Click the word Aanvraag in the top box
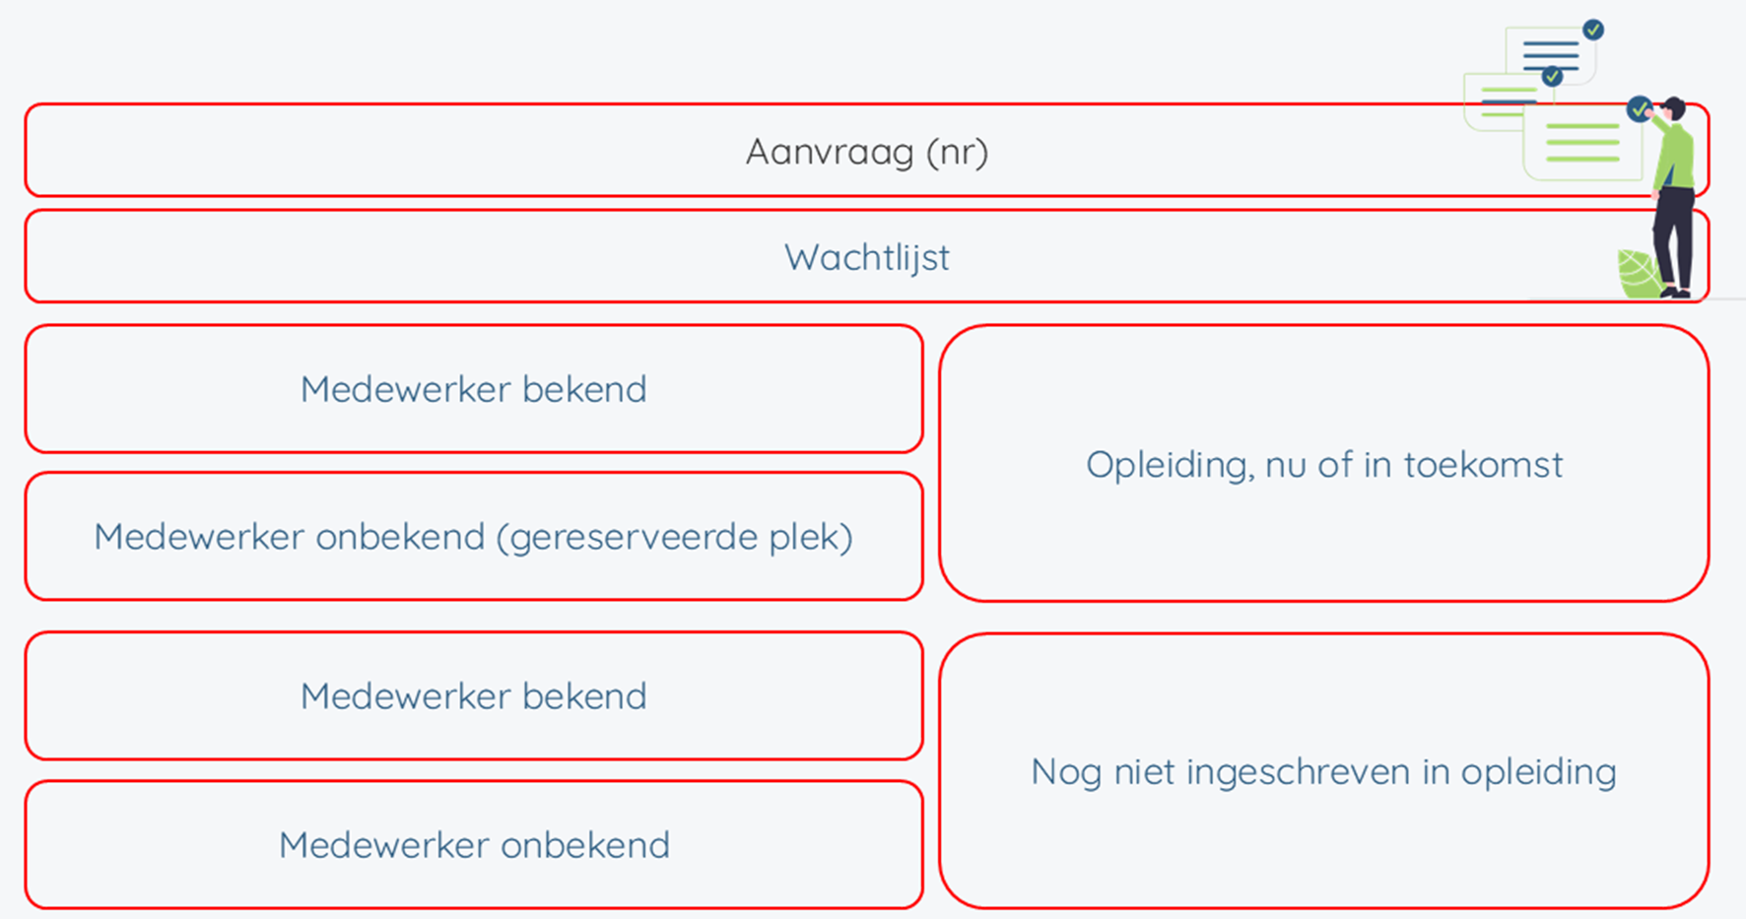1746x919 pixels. click(830, 153)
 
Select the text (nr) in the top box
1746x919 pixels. click(957, 153)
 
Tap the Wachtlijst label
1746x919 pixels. click(867, 258)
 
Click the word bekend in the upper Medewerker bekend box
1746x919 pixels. click(584, 389)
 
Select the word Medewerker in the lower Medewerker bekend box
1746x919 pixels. click(406, 696)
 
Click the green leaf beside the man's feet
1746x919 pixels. click(1638, 274)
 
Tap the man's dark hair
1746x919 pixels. click(1674, 106)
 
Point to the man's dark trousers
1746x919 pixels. click(1674, 236)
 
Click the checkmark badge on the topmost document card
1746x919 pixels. click(1593, 30)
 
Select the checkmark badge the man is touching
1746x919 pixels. click(1640, 108)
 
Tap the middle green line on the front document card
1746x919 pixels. click(1582, 143)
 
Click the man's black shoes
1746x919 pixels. click(1676, 292)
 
